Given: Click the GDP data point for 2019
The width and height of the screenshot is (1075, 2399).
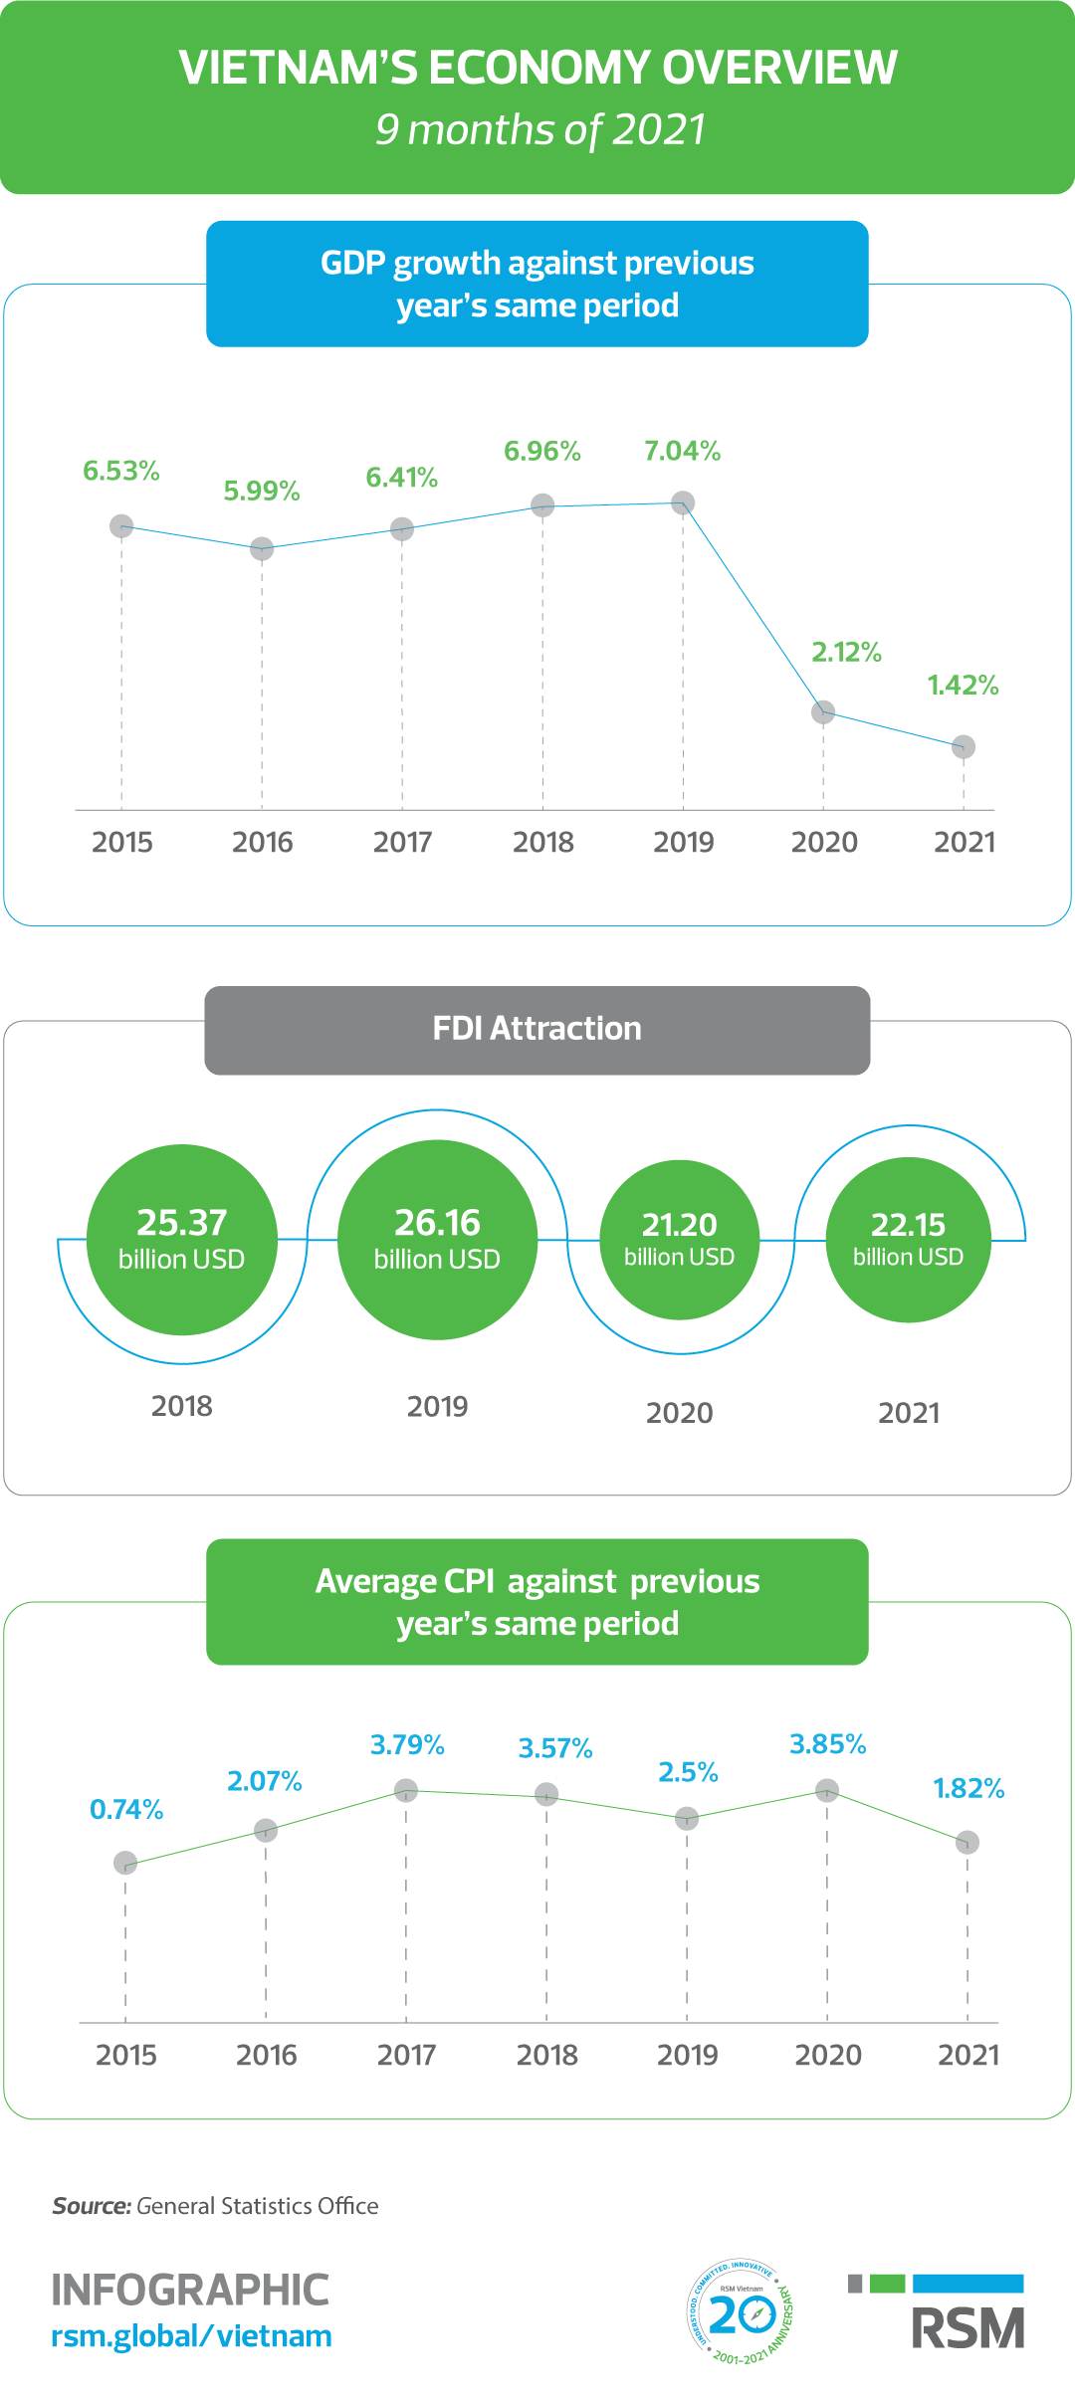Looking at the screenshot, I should coord(683,502).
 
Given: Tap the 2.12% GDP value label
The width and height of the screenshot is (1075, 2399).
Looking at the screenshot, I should coord(846,653).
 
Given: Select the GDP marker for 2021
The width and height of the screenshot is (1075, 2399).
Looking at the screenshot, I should coord(964,746).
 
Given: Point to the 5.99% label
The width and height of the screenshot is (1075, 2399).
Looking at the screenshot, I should coord(262,492).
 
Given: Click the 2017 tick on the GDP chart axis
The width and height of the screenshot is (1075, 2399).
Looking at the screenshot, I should coord(402,843).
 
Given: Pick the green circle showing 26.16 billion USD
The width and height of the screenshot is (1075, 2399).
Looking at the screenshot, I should coord(437,1240).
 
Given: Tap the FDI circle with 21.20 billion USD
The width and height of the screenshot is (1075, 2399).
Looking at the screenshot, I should coord(680,1240).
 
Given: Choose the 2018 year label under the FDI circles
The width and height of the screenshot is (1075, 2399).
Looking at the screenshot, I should coord(182,1407).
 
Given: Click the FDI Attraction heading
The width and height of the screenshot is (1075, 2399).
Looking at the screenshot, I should coord(537,1029).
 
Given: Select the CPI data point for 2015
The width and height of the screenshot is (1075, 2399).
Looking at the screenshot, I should coord(125,1863).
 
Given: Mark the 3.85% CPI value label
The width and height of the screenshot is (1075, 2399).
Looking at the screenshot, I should coord(827,1744).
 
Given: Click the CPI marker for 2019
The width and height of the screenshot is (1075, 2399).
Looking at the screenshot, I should coord(687,1819).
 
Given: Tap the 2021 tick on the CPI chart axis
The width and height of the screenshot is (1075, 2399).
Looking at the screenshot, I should coord(968,2055).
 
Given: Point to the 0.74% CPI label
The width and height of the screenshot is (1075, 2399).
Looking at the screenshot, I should coord(126,1810).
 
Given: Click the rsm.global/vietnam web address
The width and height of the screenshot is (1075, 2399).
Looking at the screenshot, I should coord(191,2336).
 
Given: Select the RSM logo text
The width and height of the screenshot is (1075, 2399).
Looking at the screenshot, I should coord(967,2328).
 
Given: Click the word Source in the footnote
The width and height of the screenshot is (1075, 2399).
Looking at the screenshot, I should coord(92,2206).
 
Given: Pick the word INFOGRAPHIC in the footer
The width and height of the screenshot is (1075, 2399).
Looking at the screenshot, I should coord(190,2290).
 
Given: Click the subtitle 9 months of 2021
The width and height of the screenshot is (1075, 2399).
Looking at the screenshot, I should coord(540,130).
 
